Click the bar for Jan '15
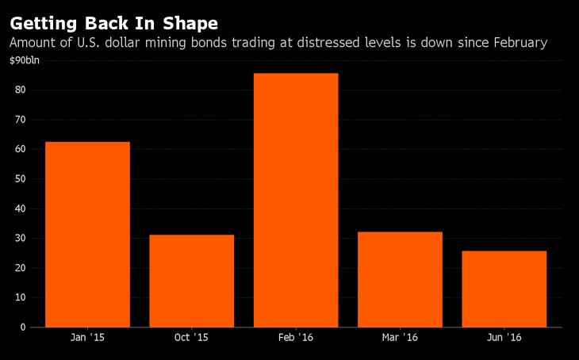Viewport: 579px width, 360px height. pyautogui.click(x=87, y=234)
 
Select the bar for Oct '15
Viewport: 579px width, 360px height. pyautogui.click(x=191, y=281)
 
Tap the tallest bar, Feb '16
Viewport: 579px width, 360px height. pyautogui.click(x=296, y=200)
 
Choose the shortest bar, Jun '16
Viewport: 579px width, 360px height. pyautogui.click(x=504, y=289)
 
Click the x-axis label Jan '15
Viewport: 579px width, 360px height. pyautogui.click(x=87, y=338)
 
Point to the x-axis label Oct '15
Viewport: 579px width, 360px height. pyautogui.click(x=191, y=338)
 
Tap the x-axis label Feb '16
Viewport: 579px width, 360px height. pyautogui.click(x=296, y=338)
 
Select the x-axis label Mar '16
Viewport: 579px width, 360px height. pyautogui.click(x=400, y=338)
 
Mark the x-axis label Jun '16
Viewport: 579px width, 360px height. pyautogui.click(x=504, y=338)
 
